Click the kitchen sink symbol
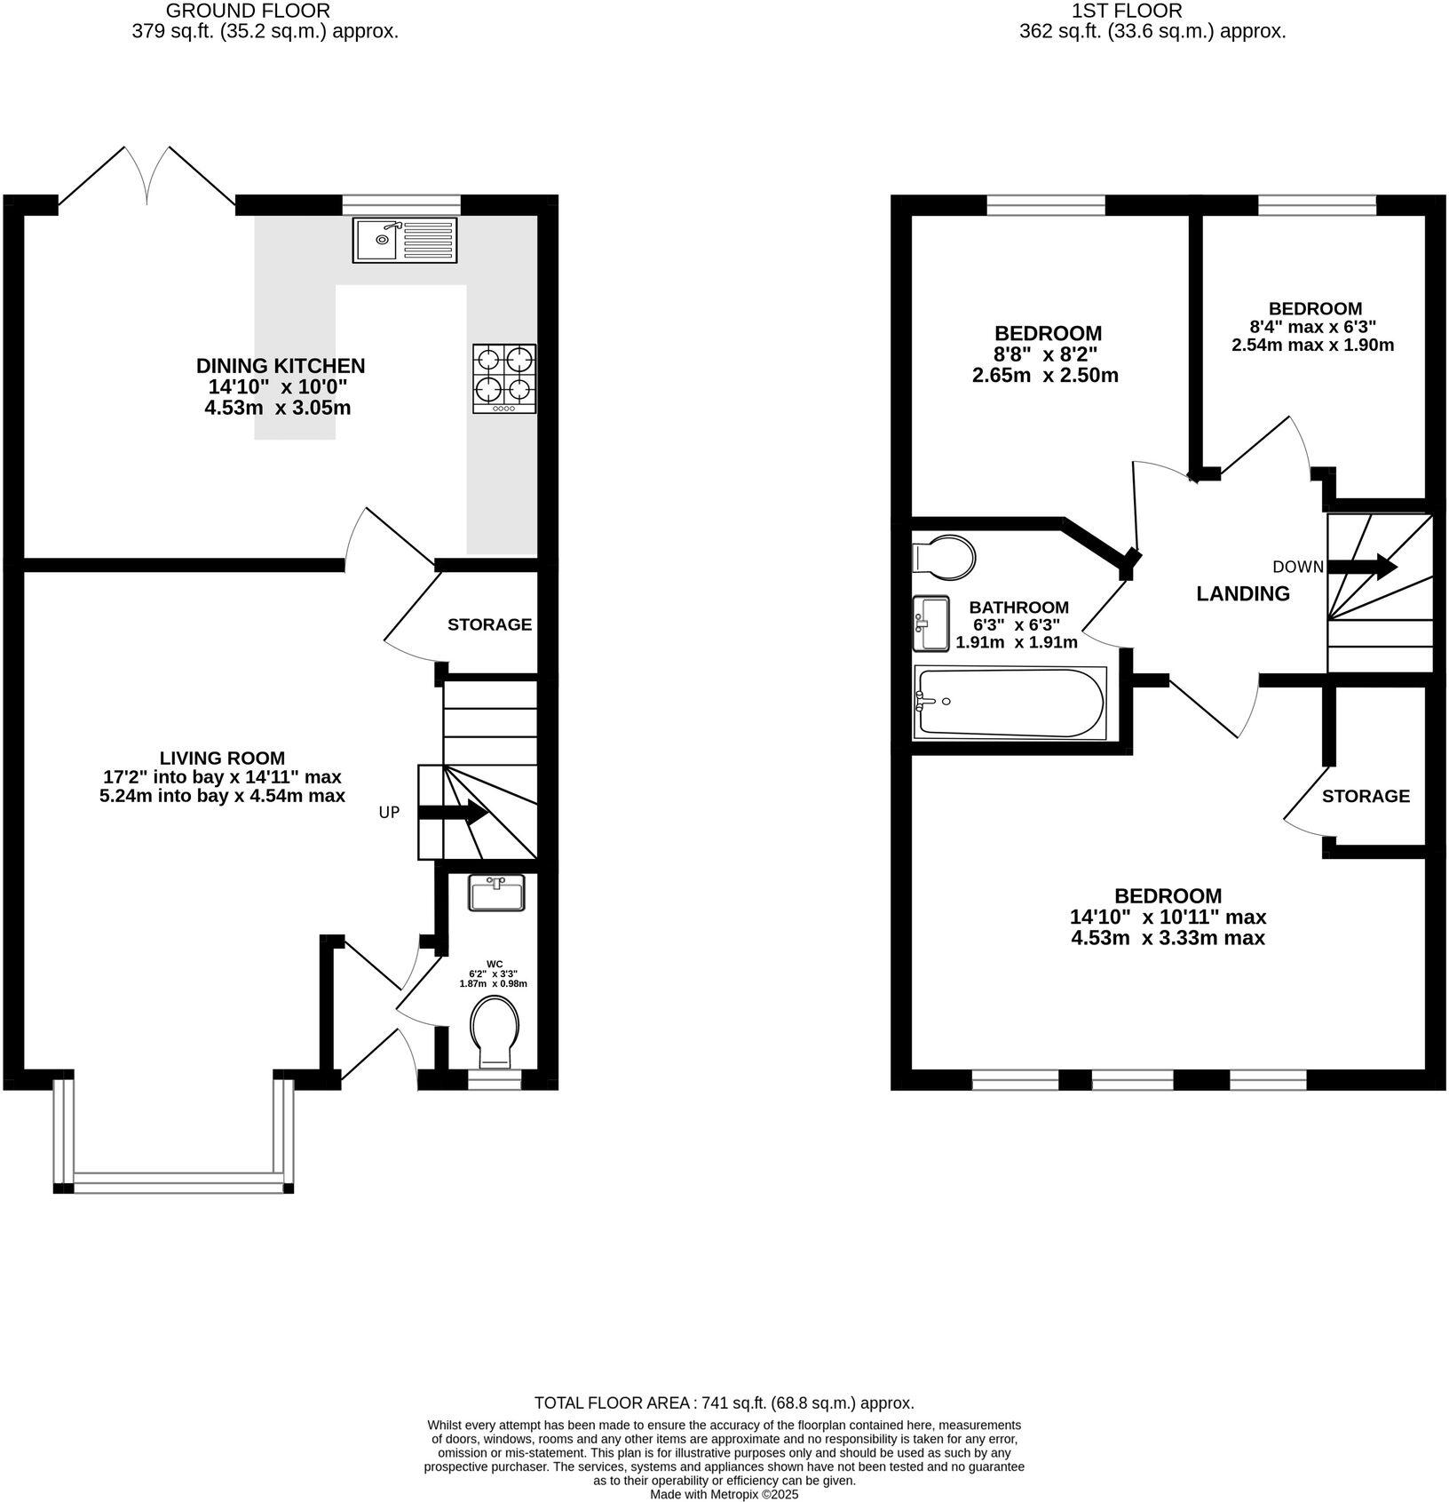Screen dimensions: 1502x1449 (x=405, y=239)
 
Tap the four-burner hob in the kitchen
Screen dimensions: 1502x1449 (x=503, y=378)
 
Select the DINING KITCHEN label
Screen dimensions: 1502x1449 (x=281, y=366)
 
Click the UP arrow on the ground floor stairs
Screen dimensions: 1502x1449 (x=453, y=812)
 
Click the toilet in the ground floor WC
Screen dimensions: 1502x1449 (x=496, y=1032)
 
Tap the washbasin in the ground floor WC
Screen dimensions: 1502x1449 (x=497, y=893)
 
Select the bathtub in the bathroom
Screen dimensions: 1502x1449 (x=1010, y=703)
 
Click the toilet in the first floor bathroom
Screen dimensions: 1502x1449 (x=943, y=557)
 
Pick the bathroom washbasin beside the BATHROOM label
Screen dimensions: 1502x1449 (x=930, y=623)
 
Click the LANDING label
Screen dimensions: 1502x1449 (x=1243, y=594)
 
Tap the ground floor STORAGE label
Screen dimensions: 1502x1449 (x=489, y=624)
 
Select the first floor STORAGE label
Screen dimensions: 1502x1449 (x=1366, y=796)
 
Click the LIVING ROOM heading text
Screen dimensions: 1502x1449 (x=222, y=758)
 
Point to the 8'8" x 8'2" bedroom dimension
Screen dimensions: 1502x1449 (x=1047, y=354)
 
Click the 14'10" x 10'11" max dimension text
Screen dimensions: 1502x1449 (x=1168, y=917)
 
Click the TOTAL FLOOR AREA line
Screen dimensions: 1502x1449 (x=724, y=1403)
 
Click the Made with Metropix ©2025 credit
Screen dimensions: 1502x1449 (x=724, y=1495)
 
